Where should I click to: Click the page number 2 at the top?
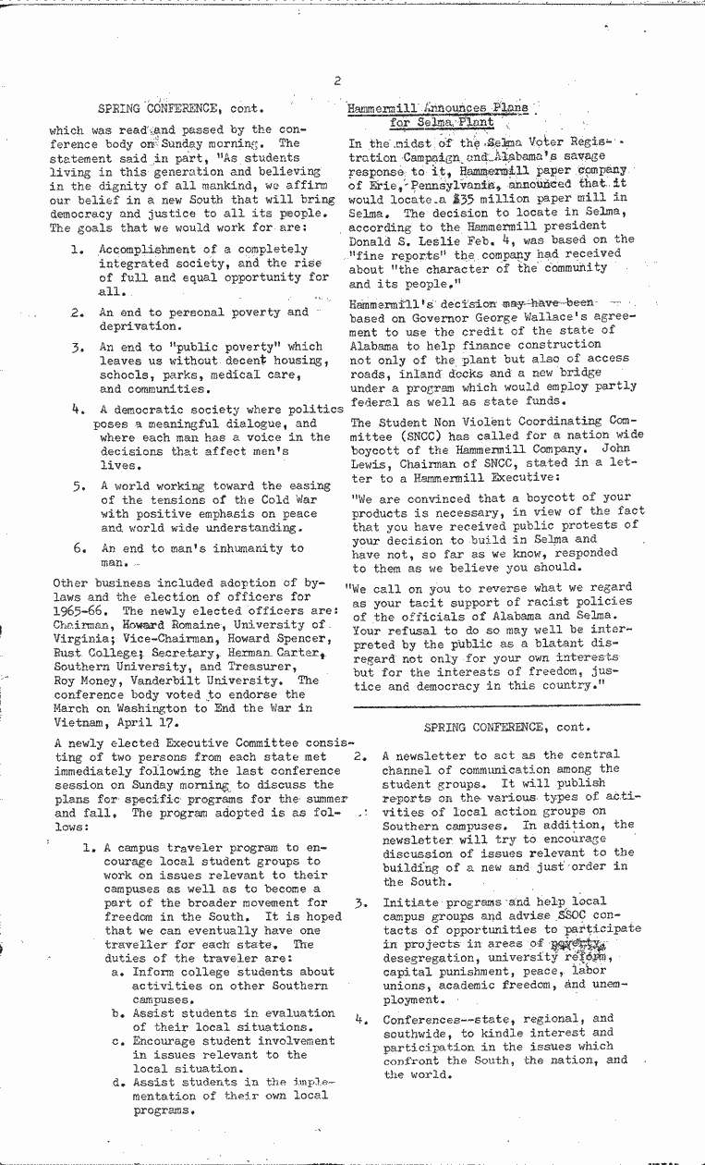click(339, 80)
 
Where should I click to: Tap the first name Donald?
click(371, 239)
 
